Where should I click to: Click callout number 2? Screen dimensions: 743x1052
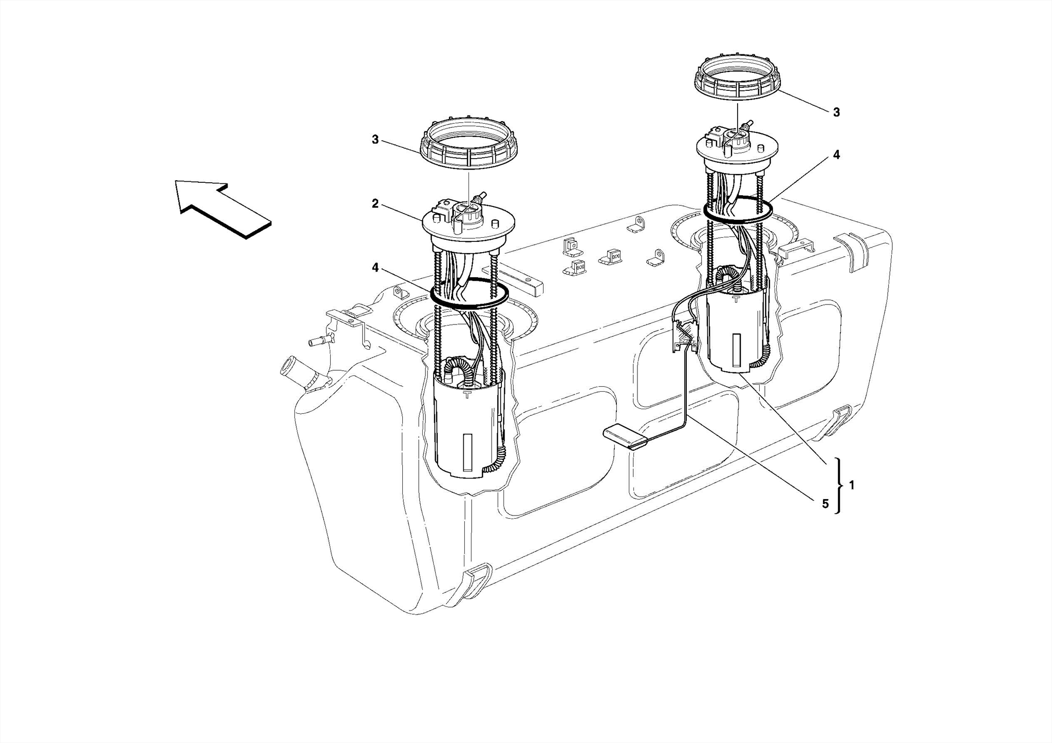tap(375, 204)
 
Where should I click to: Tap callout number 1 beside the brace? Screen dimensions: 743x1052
tap(852, 484)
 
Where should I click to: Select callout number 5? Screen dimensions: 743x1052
tap(825, 504)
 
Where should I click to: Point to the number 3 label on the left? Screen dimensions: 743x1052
tap(375, 140)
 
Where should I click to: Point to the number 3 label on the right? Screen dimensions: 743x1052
tap(836, 112)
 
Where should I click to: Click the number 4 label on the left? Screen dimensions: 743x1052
tap(375, 268)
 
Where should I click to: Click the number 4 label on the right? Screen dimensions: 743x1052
tap(836, 155)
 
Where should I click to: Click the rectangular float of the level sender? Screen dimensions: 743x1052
tap(625, 438)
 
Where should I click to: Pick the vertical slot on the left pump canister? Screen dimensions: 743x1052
tap(467, 452)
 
